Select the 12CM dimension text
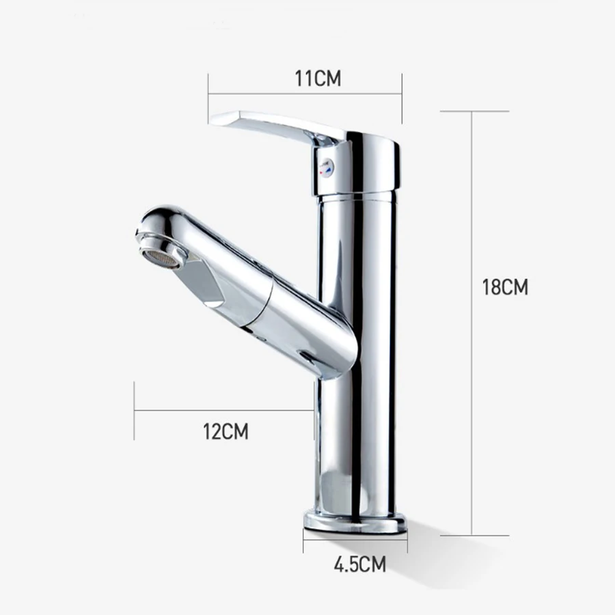[x=225, y=431]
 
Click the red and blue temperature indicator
[x=327, y=166]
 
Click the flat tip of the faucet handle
[x=222, y=122]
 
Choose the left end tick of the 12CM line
[x=135, y=410]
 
